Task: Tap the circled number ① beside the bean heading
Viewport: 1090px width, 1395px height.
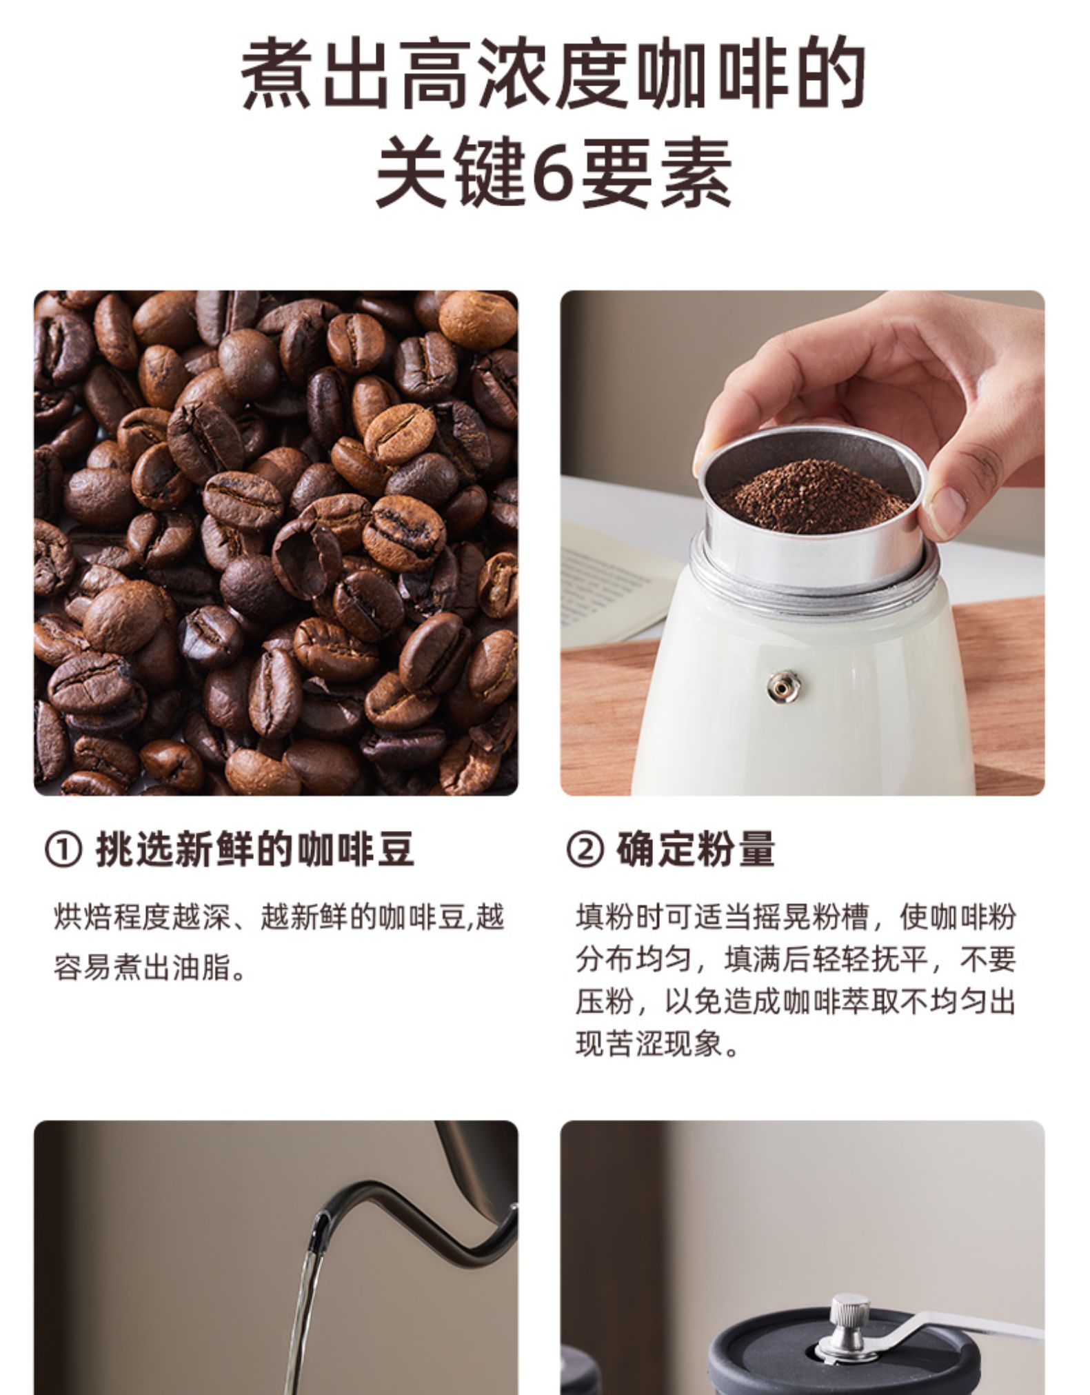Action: pyautogui.click(x=63, y=850)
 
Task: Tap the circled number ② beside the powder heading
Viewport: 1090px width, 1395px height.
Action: pyautogui.click(x=585, y=850)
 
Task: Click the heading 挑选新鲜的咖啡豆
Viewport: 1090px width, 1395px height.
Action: pyautogui.click(x=254, y=850)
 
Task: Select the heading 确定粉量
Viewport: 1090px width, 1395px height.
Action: pyautogui.click(x=695, y=850)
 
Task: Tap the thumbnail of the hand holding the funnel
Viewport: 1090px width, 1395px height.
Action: pyautogui.click(x=803, y=543)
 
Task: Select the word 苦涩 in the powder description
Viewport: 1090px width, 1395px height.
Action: pyautogui.click(x=634, y=1044)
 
